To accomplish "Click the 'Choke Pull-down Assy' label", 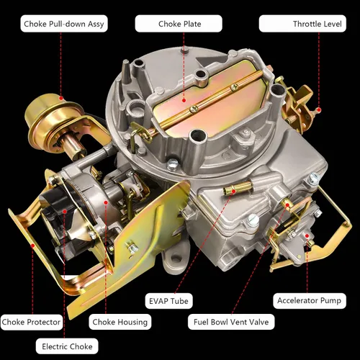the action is click(64, 24).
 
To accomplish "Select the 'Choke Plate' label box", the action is click(179, 24).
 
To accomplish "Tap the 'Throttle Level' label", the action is click(302, 24).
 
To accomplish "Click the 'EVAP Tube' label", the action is click(168, 301).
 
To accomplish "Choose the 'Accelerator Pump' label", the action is click(310, 300).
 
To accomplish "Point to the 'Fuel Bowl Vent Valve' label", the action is click(231, 322).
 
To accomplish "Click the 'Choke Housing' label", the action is click(120, 322).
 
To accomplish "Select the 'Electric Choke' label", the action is click(67, 346).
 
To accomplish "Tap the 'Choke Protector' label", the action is click(31, 322).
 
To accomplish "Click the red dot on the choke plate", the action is click(184, 100).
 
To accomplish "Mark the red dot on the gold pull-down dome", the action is click(61, 98).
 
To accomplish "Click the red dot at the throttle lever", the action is click(319, 110).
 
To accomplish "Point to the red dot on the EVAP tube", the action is click(233, 191).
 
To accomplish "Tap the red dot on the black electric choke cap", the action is click(64, 212).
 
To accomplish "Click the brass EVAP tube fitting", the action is click(238, 187).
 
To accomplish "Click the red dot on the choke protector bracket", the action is click(32, 246).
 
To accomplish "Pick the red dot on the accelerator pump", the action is click(307, 236).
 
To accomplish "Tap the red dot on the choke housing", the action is click(106, 203).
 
